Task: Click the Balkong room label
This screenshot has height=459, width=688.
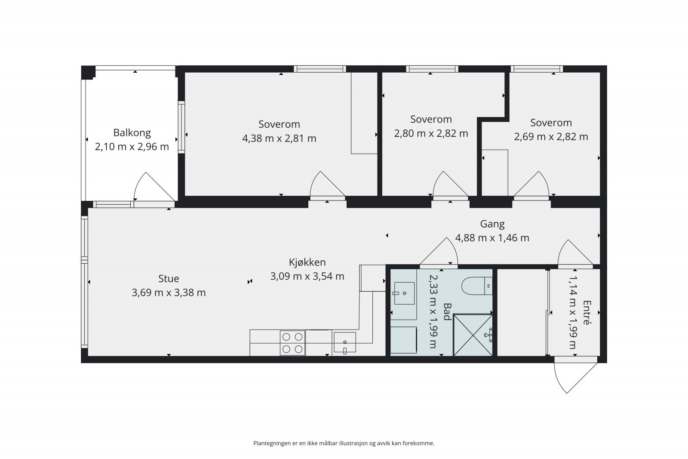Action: (x=132, y=133)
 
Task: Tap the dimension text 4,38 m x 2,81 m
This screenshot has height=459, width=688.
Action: (x=279, y=139)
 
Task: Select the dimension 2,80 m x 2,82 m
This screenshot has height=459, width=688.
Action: (x=431, y=134)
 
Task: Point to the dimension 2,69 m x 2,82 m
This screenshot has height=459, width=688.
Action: (x=551, y=137)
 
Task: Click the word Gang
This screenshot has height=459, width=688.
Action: (x=492, y=224)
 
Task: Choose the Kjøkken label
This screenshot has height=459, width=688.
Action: (x=307, y=262)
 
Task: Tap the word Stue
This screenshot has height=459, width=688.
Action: (x=169, y=279)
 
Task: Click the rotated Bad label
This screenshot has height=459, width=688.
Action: (x=447, y=312)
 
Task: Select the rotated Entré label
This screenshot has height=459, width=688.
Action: (x=587, y=312)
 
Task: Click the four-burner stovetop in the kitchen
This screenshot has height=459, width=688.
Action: (x=292, y=343)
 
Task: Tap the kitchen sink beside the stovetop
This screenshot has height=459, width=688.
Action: (x=344, y=342)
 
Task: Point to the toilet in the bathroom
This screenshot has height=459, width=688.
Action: (x=477, y=286)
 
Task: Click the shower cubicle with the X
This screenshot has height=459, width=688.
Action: (x=473, y=335)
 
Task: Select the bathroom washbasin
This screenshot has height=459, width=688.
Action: (x=404, y=293)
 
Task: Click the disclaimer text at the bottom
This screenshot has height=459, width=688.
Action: (x=344, y=444)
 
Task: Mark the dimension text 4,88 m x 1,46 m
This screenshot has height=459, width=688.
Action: (x=492, y=238)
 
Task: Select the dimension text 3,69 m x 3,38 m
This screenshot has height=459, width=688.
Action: (x=169, y=293)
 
